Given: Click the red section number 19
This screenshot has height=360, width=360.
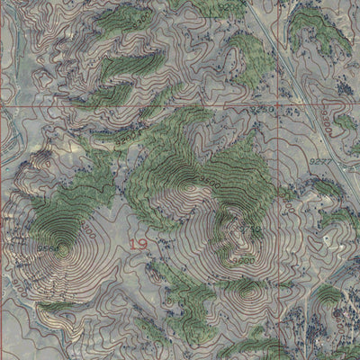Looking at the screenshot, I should (138, 244).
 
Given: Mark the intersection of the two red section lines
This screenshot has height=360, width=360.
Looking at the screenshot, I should (285, 105).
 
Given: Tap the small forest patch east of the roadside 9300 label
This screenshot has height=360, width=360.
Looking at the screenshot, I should (346, 121).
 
